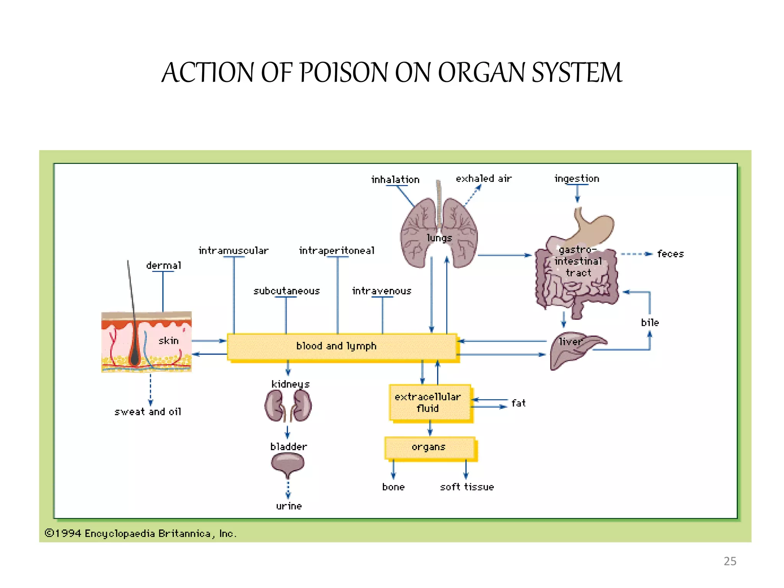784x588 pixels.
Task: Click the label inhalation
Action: (395, 180)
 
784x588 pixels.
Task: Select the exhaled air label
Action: (483, 179)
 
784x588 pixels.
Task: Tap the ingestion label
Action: (577, 179)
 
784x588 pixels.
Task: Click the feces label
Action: (670, 254)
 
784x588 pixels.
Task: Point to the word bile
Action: (650, 323)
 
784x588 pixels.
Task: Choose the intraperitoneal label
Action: (336, 251)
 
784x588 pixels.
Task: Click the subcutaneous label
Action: (286, 291)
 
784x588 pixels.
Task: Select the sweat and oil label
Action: (148, 412)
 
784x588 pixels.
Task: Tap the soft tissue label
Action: (467, 487)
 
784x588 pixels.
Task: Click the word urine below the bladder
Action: (289, 506)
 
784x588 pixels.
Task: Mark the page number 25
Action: (730, 561)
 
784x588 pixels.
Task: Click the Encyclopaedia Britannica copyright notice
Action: (140, 534)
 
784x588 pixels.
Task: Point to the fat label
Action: (518, 403)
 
